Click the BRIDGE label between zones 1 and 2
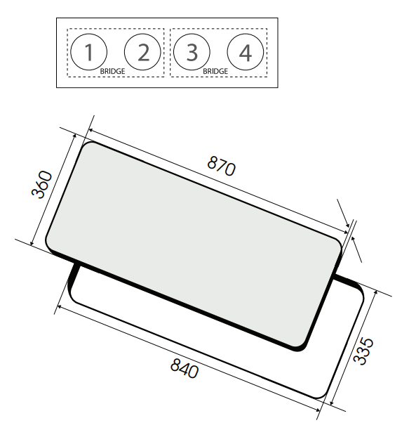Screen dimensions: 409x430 coord(112,71)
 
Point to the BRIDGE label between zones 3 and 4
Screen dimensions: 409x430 coord(215,71)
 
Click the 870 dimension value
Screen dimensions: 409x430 coord(221,166)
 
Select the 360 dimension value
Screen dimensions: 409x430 coord(41,184)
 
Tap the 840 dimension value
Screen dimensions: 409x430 coord(185,368)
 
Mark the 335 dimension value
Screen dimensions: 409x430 coord(363,351)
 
